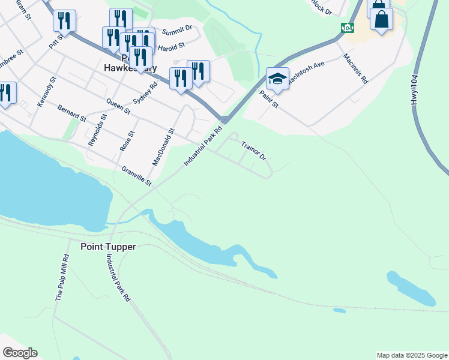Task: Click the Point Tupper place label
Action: pyautogui.click(x=108, y=247)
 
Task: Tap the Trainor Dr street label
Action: pyautogui.click(x=253, y=151)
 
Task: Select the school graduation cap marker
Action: pyautogui.click(x=277, y=79)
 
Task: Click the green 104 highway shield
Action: pyautogui.click(x=347, y=28)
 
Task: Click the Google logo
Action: pyautogui.click(x=20, y=353)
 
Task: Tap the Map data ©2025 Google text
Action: pyautogui.click(x=412, y=355)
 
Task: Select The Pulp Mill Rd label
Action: pyautogui.click(x=62, y=277)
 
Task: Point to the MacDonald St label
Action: pyautogui.click(x=163, y=147)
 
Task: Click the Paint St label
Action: pyautogui.click(x=268, y=98)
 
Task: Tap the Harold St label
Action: pyautogui.click(x=171, y=46)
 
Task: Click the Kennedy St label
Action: pyautogui.click(x=46, y=92)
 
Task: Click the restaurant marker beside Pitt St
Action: pyautogui.click(x=64, y=21)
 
